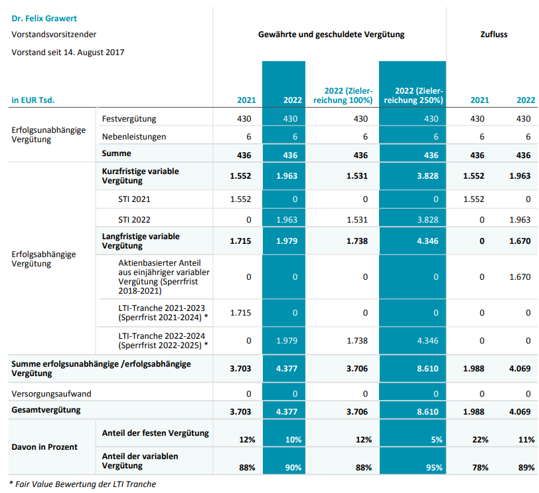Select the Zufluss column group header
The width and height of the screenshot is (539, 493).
(493, 34)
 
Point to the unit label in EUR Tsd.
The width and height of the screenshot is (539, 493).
(33, 100)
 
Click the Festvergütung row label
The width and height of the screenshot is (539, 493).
(129, 118)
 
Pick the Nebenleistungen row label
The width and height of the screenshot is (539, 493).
(134, 136)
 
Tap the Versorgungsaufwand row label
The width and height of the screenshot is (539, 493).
(52, 393)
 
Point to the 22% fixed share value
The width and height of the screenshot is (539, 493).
(481, 440)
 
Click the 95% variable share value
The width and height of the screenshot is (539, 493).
(434, 468)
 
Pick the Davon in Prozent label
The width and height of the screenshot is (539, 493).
(44, 446)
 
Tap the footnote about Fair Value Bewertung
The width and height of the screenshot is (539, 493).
(83, 484)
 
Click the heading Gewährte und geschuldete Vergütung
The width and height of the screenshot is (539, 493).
(331, 34)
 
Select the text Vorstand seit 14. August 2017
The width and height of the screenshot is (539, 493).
(68, 52)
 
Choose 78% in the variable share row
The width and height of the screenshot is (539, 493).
(481, 468)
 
